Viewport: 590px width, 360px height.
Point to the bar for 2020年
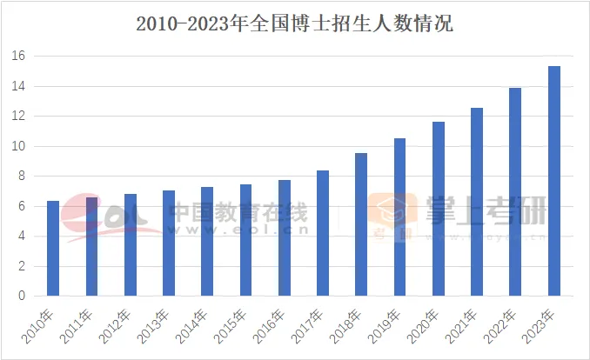tap(439, 209)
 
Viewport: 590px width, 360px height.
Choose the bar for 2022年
tap(515, 191)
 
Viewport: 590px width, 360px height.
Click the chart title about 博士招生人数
tap(294, 23)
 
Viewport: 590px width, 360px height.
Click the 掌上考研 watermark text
tap(486, 209)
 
